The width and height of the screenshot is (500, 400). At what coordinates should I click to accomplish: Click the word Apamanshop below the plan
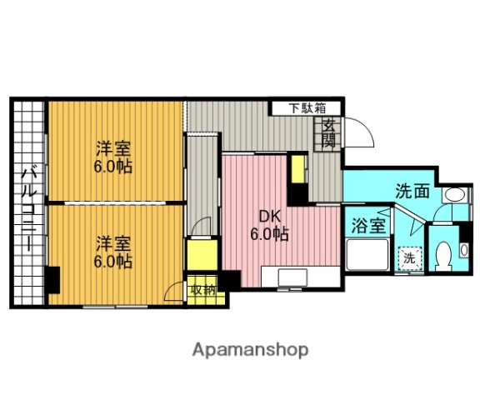250,349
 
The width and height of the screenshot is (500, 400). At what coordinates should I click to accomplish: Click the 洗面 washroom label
412,190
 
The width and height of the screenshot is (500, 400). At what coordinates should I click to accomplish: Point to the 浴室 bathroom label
367,225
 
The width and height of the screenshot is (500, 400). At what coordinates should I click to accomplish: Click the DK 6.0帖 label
269,226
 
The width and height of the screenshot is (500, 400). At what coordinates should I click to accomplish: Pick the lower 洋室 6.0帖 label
113,252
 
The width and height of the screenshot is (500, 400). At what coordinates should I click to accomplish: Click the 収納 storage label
202,290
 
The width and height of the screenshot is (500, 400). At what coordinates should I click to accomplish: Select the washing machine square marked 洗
409,258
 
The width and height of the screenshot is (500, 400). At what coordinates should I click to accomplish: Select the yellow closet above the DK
298,171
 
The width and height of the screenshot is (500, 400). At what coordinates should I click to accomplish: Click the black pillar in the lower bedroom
52,278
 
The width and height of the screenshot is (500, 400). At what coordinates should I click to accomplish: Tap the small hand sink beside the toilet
465,248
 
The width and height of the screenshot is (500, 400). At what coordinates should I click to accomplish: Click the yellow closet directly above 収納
200,255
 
